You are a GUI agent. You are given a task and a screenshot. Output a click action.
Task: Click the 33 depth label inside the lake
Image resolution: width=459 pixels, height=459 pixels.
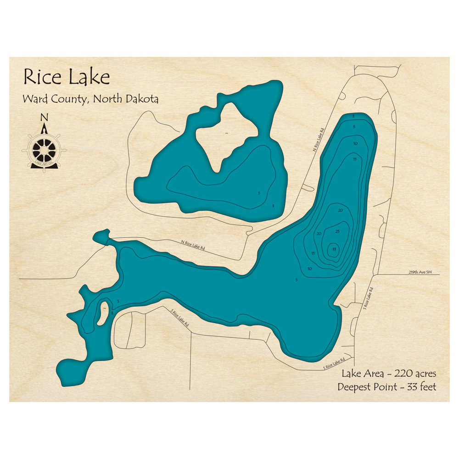(334, 249)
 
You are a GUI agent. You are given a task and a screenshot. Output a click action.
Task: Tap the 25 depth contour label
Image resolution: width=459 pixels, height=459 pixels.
(337, 231)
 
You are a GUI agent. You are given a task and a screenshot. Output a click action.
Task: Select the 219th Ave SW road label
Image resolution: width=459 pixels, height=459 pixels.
(420, 272)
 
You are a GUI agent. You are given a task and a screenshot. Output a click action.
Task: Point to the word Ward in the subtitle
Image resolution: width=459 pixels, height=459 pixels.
(34, 99)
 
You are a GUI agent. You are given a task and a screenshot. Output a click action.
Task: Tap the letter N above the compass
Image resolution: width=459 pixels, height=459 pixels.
(44, 117)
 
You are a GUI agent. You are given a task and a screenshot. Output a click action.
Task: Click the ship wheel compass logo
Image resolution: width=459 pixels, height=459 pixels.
(45, 148)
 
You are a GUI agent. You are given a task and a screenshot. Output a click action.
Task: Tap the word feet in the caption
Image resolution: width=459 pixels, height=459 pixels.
(426, 387)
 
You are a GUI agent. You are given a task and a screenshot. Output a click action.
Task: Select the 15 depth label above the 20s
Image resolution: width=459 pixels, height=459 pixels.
(355, 159)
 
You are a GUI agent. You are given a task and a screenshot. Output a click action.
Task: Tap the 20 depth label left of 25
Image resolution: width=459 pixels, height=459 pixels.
(319, 234)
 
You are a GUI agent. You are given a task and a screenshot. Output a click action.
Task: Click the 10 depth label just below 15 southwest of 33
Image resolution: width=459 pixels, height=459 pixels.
(310, 269)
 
